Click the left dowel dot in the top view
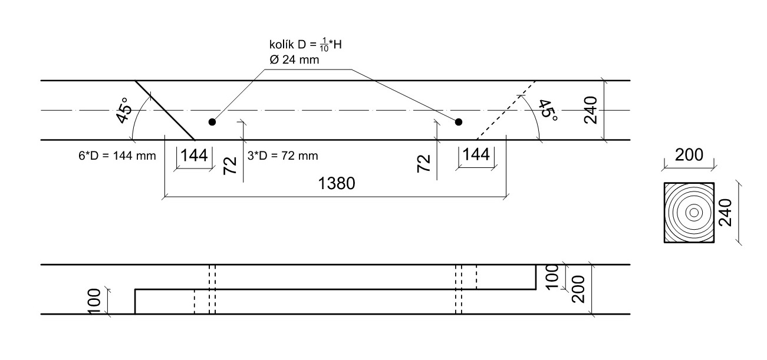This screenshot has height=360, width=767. (x=212, y=122)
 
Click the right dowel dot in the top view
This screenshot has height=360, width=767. (x=459, y=122)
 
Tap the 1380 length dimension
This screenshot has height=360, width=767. (x=336, y=184)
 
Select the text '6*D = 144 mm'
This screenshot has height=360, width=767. (x=112, y=156)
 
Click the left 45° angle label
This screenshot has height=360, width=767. (x=123, y=110)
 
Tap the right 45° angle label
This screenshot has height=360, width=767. (x=548, y=110)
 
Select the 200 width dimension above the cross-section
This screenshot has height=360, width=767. (x=689, y=155)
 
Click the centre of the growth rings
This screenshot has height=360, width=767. (x=694, y=212)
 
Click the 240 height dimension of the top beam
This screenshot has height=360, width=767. (x=592, y=110)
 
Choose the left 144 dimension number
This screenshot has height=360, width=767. (x=194, y=155)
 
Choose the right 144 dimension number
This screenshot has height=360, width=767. (x=476, y=155)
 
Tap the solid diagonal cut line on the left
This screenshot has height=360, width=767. (x=165, y=110)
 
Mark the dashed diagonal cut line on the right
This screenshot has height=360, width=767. (x=505, y=110)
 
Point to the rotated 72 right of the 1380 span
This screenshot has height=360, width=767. (x=424, y=164)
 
